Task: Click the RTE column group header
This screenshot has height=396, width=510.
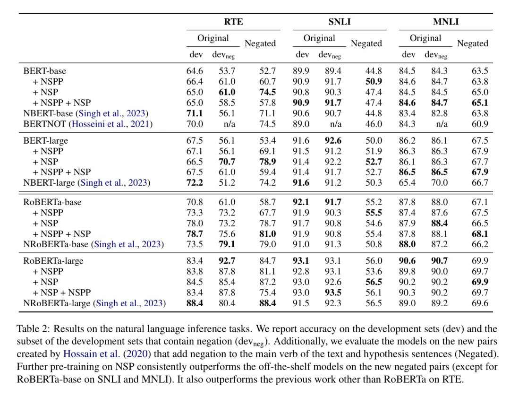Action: (x=233, y=22)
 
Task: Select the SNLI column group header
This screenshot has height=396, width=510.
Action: (x=340, y=22)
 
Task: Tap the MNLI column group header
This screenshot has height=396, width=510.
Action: (x=446, y=22)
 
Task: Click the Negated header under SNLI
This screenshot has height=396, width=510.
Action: (x=366, y=43)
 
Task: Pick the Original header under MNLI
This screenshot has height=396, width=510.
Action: (x=425, y=38)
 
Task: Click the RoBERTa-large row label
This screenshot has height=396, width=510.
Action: (x=53, y=261)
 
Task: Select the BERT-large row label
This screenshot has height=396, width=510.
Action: (x=45, y=140)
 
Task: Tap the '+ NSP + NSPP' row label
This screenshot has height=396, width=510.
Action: (x=62, y=293)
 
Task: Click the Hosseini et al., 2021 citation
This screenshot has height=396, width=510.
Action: (x=111, y=124)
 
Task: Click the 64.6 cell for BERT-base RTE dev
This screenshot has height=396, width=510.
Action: (x=195, y=71)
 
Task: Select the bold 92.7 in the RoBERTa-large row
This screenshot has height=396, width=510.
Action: (x=227, y=261)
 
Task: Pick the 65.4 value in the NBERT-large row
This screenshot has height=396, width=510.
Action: (x=407, y=182)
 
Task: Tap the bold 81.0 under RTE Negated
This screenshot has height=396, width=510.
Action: (x=267, y=234)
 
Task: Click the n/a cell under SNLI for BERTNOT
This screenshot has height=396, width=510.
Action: (x=335, y=124)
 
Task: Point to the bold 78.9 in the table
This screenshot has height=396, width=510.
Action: (x=267, y=162)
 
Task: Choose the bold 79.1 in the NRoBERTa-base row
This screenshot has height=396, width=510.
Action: (x=227, y=244)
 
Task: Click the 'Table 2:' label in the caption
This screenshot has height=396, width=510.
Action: (x=34, y=328)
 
